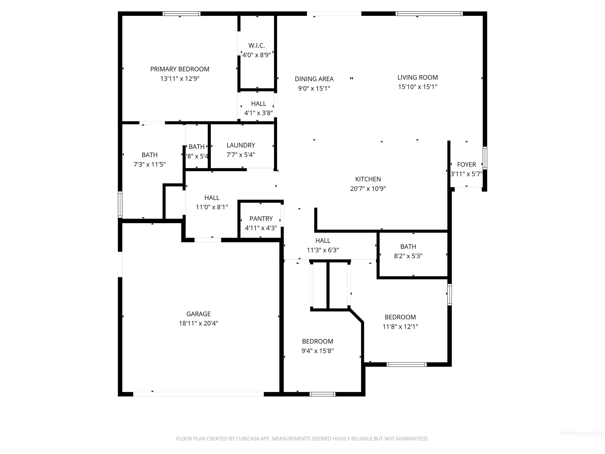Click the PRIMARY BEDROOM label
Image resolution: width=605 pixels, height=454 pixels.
pyautogui.click(x=180, y=69)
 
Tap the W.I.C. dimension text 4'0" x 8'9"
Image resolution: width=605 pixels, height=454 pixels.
pyautogui.click(x=257, y=55)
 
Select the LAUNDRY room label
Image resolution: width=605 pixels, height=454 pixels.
pyautogui.click(x=241, y=145)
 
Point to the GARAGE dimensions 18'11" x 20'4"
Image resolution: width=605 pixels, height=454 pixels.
pyautogui.click(x=198, y=323)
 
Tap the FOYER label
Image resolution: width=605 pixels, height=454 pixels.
pyautogui.click(x=466, y=165)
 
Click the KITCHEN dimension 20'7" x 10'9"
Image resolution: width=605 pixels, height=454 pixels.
pyautogui.click(x=368, y=189)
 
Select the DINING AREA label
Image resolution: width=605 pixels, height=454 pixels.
pyautogui.click(x=314, y=79)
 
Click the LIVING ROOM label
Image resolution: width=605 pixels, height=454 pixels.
pyautogui.click(x=417, y=77)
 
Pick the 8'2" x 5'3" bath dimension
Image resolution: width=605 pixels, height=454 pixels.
pyautogui.click(x=408, y=256)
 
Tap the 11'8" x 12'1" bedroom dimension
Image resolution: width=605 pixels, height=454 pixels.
pyautogui.click(x=400, y=327)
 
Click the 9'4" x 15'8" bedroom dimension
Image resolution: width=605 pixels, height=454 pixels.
pyautogui.click(x=317, y=351)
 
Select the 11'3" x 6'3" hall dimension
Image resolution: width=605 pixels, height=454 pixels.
pyautogui.click(x=323, y=250)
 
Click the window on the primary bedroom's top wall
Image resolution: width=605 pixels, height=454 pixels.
pyautogui.click(x=181, y=13)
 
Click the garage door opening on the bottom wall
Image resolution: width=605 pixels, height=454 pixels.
pyautogui.click(x=198, y=394)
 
